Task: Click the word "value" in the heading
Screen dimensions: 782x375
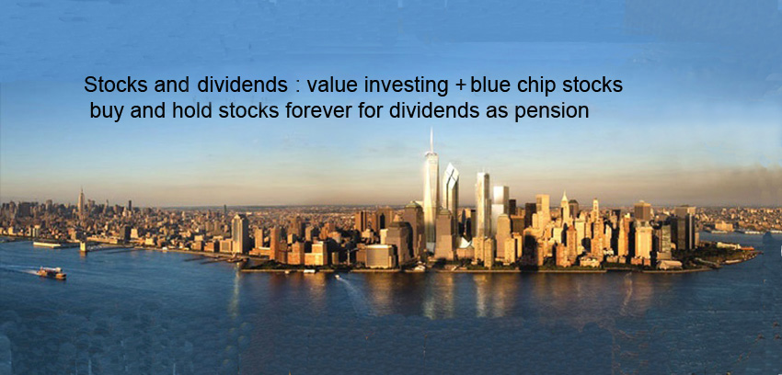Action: coord(333,85)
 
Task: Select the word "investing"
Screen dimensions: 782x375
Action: coord(406,86)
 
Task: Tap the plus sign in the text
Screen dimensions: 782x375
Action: coord(460,86)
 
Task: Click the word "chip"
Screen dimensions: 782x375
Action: coord(537,86)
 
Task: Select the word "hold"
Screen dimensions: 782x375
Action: coord(192,111)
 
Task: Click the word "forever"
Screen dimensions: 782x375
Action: coord(318,111)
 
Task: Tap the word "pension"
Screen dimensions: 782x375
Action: coord(552,112)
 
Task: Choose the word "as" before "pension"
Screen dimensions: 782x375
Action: coord(496,113)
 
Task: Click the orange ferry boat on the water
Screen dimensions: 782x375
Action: coord(52,273)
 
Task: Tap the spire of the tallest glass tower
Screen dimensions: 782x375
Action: coord(431,141)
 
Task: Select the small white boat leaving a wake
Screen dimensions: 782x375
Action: coord(337,277)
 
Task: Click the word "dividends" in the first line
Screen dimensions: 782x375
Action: coord(242,85)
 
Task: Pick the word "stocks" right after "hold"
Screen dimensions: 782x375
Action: coord(249,111)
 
